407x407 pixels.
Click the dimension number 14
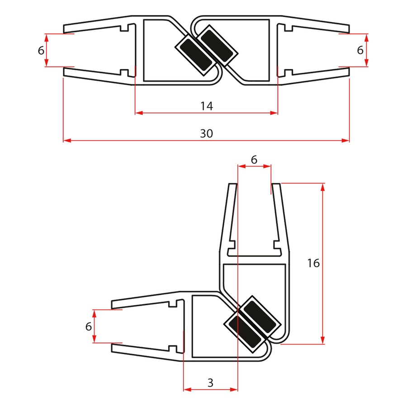coord(207,106)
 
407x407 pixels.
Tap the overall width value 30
coord(206,133)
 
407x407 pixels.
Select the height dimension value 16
coord(313,263)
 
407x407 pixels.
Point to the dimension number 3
coord(210,383)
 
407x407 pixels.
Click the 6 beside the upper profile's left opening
coord(41,50)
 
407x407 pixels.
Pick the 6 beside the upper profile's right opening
coord(360,50)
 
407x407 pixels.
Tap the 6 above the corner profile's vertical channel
coord(254,160)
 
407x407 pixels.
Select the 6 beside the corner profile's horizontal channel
coord(89,326)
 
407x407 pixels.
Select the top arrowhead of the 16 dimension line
coord(322,187)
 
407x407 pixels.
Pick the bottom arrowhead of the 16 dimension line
coord(322,340)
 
